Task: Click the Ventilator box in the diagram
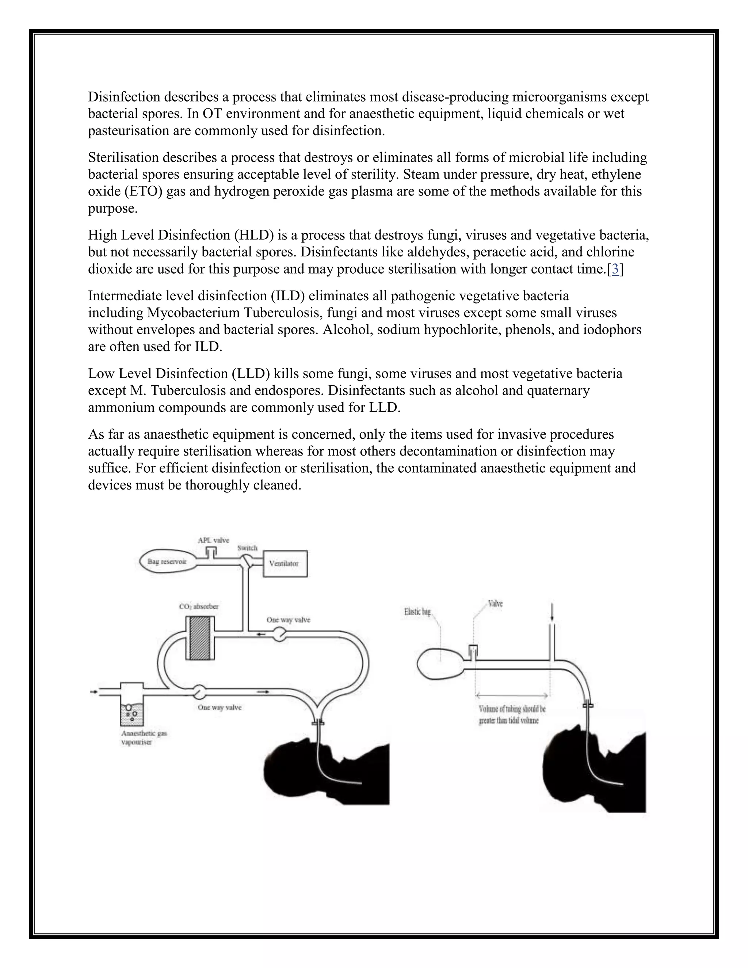[285, 563]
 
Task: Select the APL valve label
[213, 540]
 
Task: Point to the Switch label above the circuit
[247, 548]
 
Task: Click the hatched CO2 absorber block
[199, 638]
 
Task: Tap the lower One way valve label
[220, 708]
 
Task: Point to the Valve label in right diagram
[495, 604]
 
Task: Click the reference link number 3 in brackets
[615, 269]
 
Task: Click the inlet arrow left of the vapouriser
[93, 691]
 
